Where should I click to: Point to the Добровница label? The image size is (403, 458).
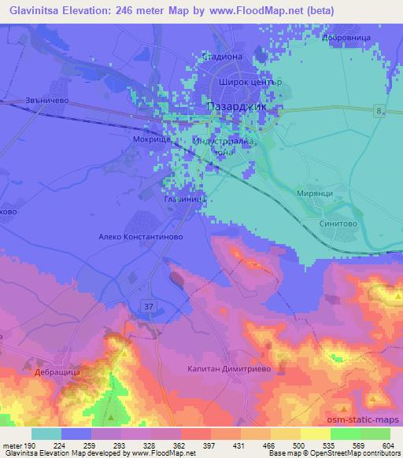point(347,37)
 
